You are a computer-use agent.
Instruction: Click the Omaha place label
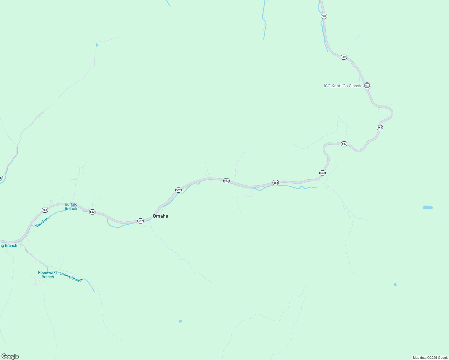click(160, 216)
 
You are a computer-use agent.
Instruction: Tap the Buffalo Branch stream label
click(71, 206)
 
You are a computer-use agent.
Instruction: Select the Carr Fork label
click(42, 222)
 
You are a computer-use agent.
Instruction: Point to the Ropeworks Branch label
click(48, 274)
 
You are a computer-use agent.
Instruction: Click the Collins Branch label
click(71, 277)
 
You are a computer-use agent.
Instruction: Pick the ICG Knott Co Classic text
click(343, 86)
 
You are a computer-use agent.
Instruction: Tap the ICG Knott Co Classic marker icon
click(367, 85)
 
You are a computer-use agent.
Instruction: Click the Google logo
click(10, 356)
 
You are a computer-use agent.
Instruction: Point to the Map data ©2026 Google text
click(430, 358)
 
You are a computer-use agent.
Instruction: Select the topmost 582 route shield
click(324, 16)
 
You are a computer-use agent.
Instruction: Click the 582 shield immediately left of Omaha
click(140, 221)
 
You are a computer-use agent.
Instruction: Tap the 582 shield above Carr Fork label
click(45, 210)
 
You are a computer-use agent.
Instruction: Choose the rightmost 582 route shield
click(380, 127)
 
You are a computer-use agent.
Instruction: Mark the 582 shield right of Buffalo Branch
click(92, 212)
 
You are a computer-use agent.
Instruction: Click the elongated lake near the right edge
click(428, 207)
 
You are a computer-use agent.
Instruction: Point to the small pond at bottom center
click(180, 321)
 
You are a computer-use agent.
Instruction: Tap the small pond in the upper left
click(97, 45)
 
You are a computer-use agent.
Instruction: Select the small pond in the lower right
click(395, 284)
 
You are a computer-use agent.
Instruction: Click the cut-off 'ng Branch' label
click(9, 245)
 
